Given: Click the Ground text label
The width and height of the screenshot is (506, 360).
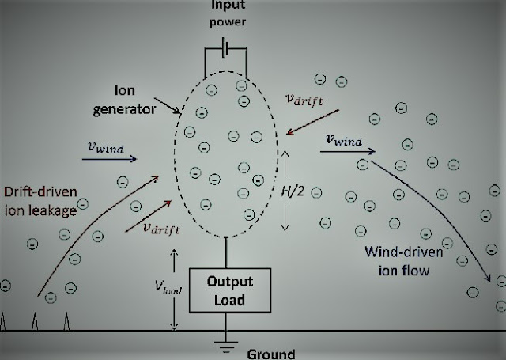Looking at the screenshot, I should [x=270, y=354].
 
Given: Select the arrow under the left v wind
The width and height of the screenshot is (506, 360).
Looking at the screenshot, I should [x=108, y=158].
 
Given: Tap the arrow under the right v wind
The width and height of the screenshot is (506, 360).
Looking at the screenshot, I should [x=346, y=151].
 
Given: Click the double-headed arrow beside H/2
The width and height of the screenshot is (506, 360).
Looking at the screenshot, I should [x=285, y=191].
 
